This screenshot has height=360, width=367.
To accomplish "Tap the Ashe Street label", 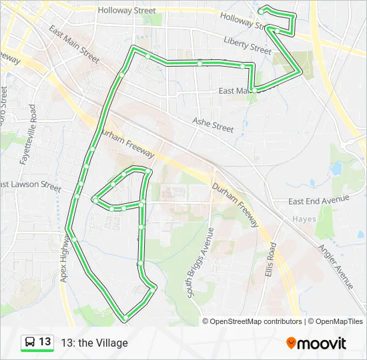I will coord(214,125).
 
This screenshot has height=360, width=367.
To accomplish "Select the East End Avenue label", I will coord(319,199).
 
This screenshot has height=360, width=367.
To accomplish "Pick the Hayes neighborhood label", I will coord(304,219).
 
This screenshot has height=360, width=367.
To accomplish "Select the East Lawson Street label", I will coord(31,184).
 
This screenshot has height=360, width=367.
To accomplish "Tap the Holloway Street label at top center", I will coord(126,11).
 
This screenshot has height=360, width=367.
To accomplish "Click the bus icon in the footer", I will coord(30,342).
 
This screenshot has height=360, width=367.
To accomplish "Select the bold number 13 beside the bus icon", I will coord(45,342).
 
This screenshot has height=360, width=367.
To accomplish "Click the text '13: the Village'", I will coord(94,343).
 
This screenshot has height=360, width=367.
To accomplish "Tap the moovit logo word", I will coord(322,343).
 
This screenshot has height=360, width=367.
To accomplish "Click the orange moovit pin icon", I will coord(291,343).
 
